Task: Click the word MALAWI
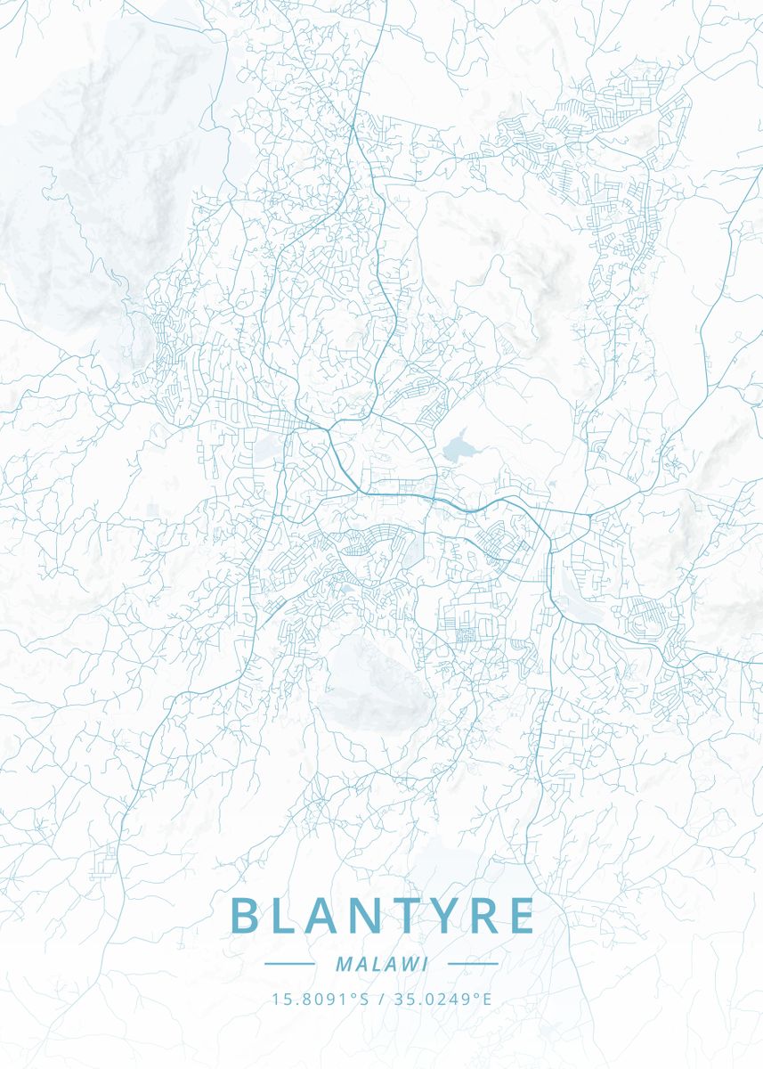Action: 382,964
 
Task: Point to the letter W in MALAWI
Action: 408,964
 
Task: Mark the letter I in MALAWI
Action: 426,964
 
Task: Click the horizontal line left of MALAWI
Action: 289,964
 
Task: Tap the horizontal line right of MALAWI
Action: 473,964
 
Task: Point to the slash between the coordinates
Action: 381,999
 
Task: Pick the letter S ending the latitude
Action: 364,999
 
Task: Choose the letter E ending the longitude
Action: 487,999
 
